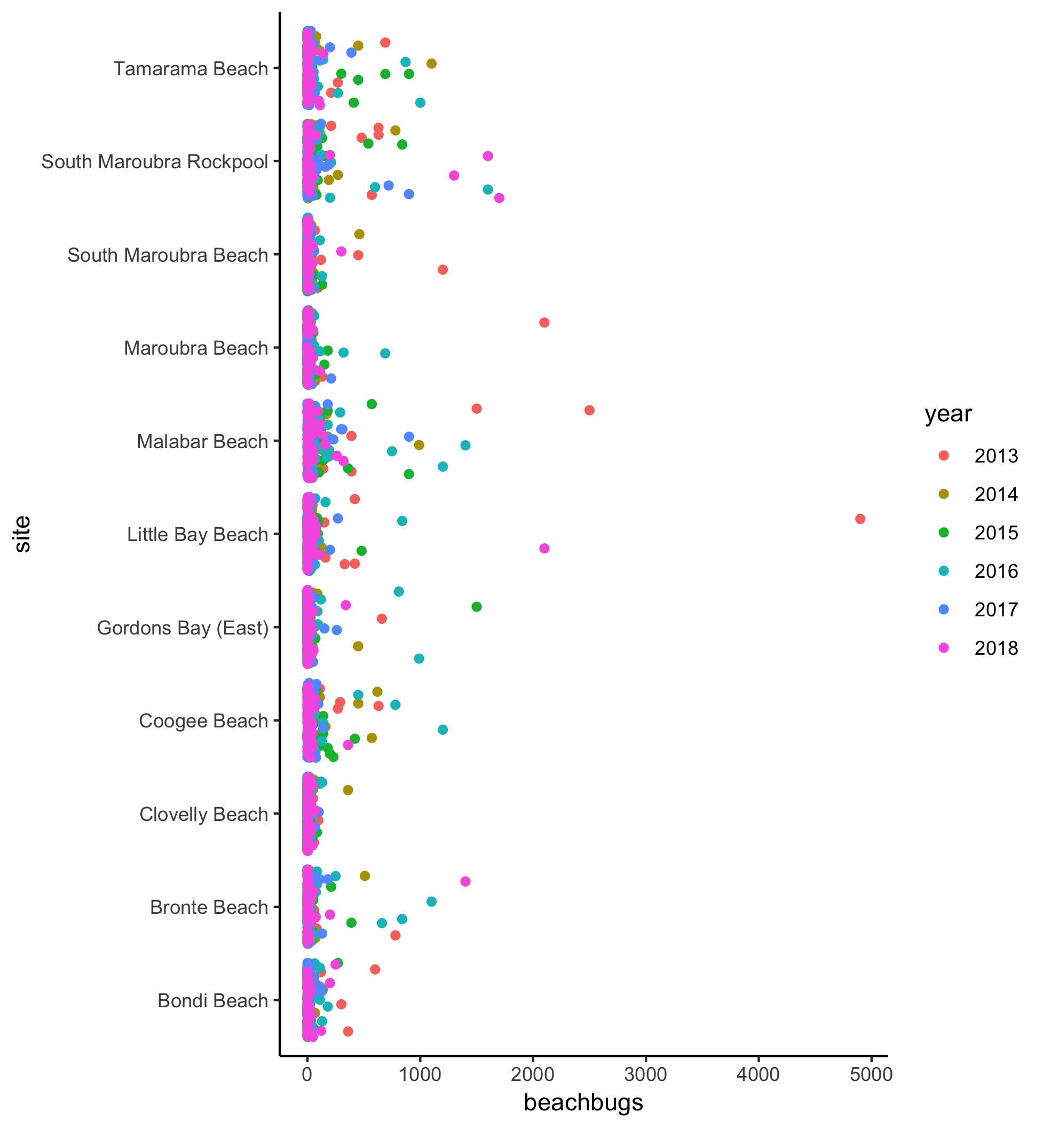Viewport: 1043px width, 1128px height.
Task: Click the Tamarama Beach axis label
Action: tap(190, 69)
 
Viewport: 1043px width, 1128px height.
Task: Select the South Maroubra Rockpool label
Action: tap(155, 162)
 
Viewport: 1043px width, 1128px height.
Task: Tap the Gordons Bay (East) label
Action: tap(183, 628)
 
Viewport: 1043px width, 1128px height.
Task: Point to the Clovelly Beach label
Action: tap(203, 814)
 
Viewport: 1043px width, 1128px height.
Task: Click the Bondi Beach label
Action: tap(212, 1001)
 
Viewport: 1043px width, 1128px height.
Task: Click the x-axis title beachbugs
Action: tap(583, 1102)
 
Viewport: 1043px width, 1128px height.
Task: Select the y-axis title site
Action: tap(22, 534)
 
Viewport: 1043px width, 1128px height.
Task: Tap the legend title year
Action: tap(948, 414)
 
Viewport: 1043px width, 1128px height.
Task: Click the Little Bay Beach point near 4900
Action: tap(860, 519)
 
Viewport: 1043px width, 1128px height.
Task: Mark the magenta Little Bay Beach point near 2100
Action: tap(544, 549)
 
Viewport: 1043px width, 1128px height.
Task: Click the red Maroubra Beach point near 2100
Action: tap(544, 323)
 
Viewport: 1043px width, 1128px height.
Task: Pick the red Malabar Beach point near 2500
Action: tap(589, 410)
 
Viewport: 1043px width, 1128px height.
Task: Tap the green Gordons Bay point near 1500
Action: tap(476, 607)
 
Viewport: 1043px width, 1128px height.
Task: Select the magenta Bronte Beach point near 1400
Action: tap(465, 881)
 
